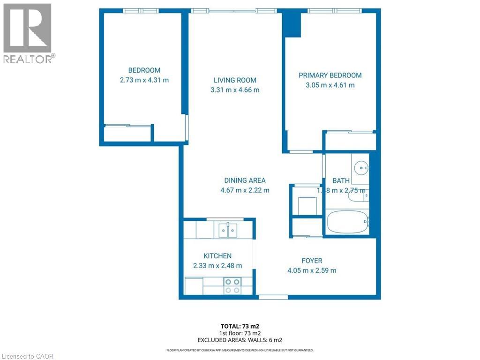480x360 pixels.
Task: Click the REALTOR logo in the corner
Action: [28, 33]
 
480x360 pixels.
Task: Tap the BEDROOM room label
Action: [144, 70]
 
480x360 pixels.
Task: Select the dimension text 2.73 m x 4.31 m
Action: [144, 80]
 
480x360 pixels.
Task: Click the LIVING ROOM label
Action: [235, 80]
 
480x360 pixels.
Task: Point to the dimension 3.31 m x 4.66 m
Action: [235, 90]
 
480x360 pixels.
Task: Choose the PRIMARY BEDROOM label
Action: [330, 75]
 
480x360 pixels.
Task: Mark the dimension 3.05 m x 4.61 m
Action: [330, 85]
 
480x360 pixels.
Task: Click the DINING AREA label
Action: [245, 180]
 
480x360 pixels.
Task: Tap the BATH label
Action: [341, 180]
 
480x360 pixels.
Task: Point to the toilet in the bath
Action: [359, 196]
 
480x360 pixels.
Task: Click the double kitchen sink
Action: [228, 230]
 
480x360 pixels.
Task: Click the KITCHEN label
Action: [217, 255]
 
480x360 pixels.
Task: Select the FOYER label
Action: [312, 261]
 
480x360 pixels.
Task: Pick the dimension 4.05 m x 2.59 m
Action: [312, 270]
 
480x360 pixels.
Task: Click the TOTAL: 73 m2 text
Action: [240, 326]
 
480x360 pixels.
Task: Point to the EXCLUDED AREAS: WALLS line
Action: [240, 340]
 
